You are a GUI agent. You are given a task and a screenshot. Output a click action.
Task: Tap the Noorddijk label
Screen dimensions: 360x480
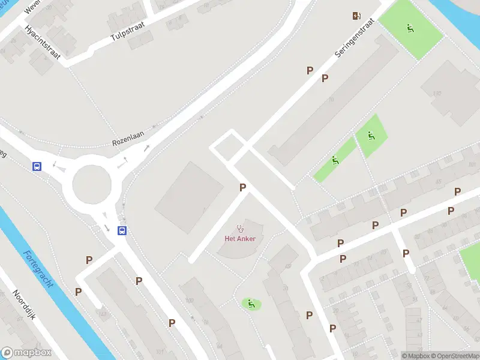coord(25,306)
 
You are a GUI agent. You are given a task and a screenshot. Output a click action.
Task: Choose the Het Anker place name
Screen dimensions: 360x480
coord(240,239)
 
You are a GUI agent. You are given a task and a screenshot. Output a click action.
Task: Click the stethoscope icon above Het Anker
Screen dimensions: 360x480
coord(241,228)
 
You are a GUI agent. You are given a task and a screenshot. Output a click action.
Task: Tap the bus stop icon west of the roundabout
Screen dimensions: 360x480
coord(37,166)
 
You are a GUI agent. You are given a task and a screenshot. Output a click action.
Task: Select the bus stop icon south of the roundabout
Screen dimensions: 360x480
coord(122,230)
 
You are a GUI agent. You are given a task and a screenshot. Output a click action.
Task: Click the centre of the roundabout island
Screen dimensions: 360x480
coord(92,184)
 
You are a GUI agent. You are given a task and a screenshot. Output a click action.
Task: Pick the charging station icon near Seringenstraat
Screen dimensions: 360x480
coord(356,16)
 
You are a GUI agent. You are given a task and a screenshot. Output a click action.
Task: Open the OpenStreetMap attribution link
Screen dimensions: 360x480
coord(455,356)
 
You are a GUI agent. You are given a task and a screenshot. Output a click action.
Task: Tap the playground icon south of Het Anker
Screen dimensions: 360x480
coord(251,304)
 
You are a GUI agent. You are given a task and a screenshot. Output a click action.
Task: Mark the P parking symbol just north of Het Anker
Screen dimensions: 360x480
coord(242,188)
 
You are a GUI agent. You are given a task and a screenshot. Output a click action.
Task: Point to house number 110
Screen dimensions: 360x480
coord(437,93)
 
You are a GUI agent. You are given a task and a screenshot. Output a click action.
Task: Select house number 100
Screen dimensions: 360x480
coord(190,300)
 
